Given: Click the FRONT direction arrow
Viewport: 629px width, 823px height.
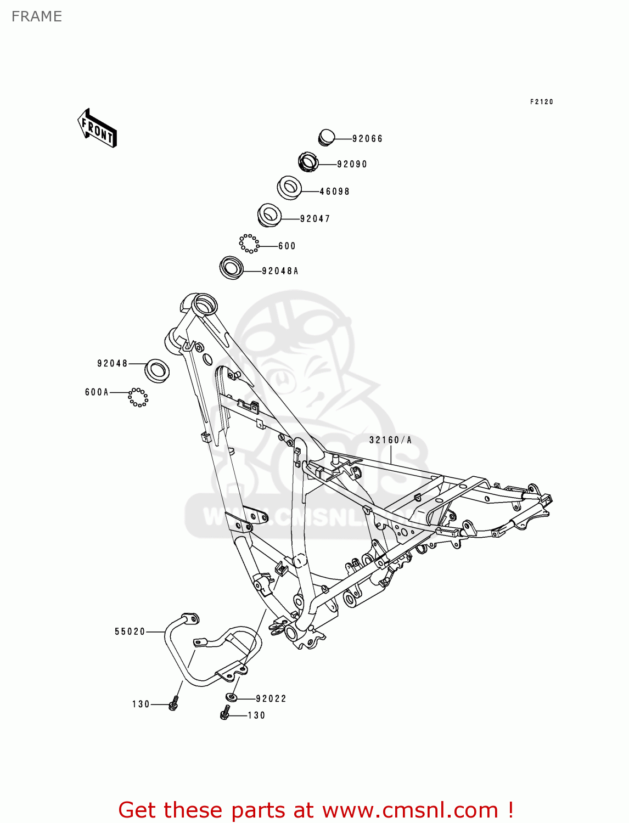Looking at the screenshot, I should click(98, 128).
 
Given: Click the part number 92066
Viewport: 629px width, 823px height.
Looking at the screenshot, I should click(367, 139).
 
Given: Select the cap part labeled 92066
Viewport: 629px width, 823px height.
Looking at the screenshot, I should click(327, 137).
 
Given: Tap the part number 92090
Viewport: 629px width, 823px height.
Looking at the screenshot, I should click(352, 164).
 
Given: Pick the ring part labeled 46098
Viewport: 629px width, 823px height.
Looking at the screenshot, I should click(289, 188).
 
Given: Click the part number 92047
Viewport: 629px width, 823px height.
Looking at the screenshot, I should click(315, 219).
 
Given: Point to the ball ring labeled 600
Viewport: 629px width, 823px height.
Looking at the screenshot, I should click(249, 244).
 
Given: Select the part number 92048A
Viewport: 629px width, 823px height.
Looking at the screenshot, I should click(280, 271).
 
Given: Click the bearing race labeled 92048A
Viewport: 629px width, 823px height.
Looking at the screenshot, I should click(231, 267).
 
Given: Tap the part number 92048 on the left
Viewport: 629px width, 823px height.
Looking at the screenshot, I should click(113, 363).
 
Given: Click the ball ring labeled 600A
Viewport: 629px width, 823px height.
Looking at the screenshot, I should click(138, 397).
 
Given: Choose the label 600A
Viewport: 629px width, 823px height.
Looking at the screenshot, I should click(97, 392).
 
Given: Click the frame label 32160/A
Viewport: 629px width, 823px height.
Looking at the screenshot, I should click(390, 440).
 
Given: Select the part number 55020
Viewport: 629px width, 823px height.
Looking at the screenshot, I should click(130, 632).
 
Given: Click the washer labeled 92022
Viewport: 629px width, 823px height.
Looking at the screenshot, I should click(232, 697).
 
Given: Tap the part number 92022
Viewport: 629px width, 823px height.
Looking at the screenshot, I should click(271, 698).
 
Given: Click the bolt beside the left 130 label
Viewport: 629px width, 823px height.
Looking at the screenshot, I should click(174, 703).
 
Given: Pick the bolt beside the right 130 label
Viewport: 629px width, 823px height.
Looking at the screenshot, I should click(224, 714).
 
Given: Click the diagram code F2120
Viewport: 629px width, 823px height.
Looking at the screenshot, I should click(541, 102).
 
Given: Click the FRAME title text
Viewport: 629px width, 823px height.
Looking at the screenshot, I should click(37, 16).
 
